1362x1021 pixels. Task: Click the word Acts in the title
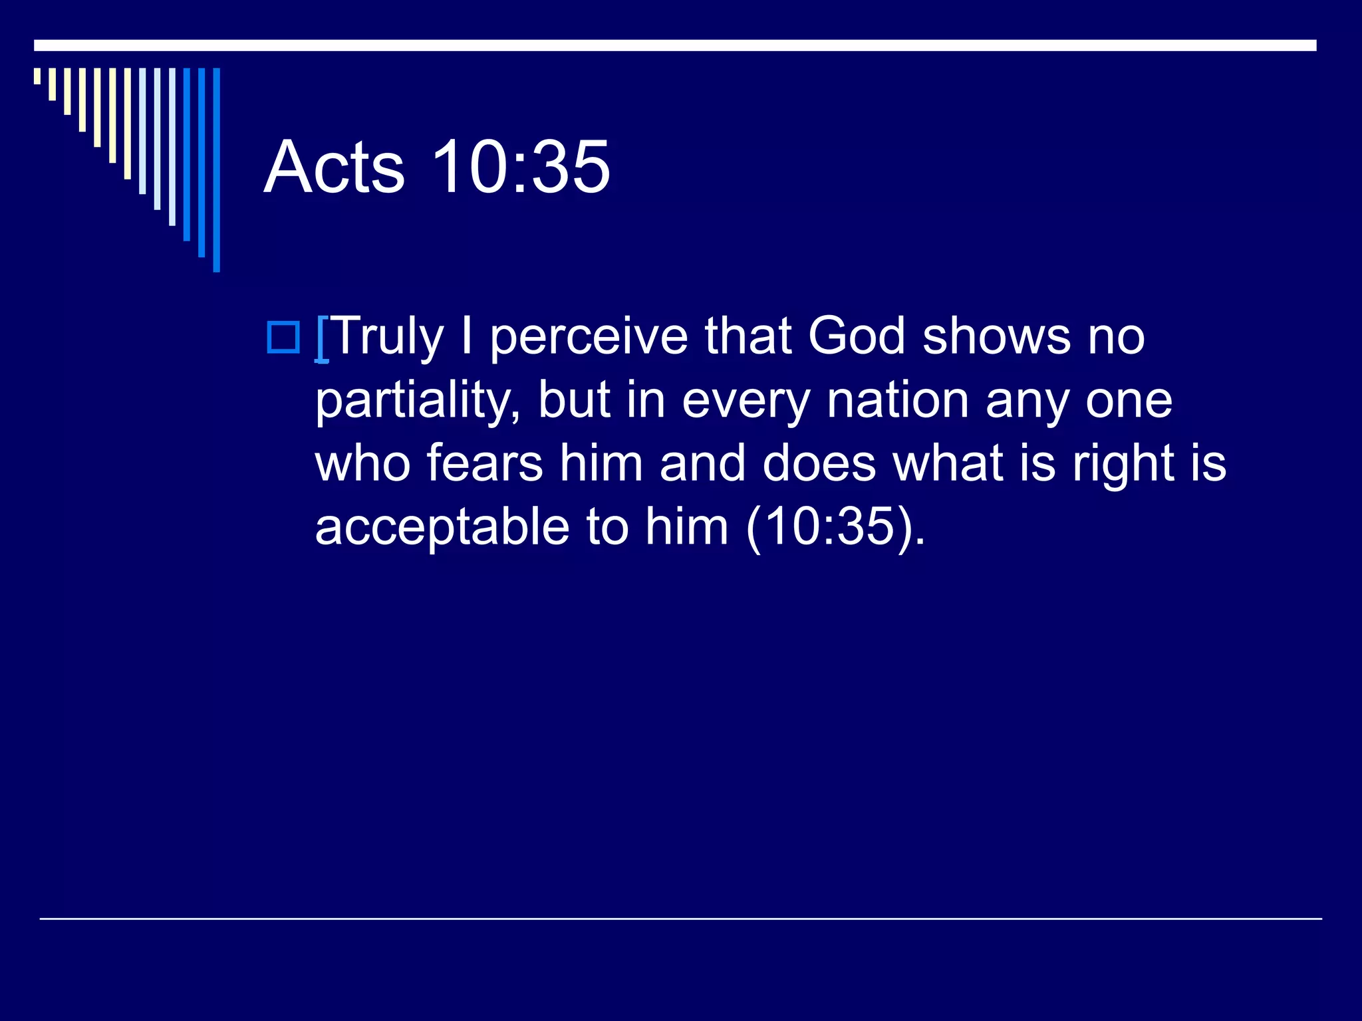[x=334, y=167]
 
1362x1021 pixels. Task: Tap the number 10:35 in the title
[x=520, y=167]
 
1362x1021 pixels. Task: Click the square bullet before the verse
[x=283, y=337]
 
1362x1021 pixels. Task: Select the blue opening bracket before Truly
[x=322, y=339]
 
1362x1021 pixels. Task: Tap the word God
[x=857, y=336]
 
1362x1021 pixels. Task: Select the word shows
[x=996, y=336]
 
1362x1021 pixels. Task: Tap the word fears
[x=484, y=463]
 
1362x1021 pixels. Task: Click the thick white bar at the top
[x=675, y=45]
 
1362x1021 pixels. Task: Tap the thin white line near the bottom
[x=680, y=919]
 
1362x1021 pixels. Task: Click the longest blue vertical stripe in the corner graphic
[x=216, y=170]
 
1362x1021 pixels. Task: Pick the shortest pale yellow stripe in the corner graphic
[x=37, y=76]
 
